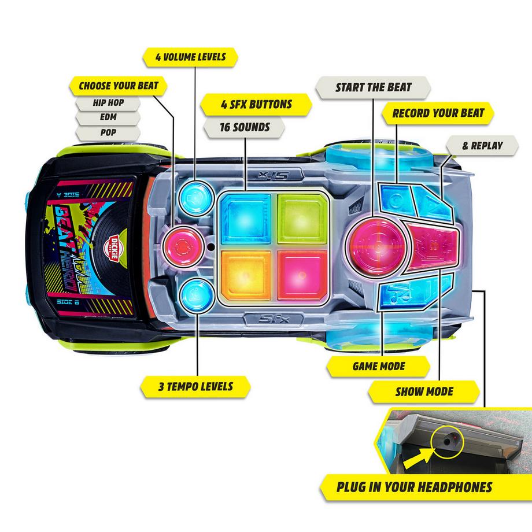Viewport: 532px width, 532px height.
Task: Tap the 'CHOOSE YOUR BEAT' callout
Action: click(118, 86)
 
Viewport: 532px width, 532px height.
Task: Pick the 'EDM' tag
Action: click(108, 118)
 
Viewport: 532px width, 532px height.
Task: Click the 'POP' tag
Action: click(108, 132)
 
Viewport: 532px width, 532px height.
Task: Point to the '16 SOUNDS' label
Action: click(245, 127)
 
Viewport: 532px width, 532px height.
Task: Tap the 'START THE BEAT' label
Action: click(374, 87)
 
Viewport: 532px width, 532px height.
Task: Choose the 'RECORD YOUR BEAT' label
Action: click(438, 112)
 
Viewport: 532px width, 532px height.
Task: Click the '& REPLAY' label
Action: click(482, 146)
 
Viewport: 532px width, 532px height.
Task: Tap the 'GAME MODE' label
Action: click(379, 366)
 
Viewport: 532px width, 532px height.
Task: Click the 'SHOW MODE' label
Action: click(424, 391)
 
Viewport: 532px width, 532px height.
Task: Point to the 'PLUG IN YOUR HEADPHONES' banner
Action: click(414, 486)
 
